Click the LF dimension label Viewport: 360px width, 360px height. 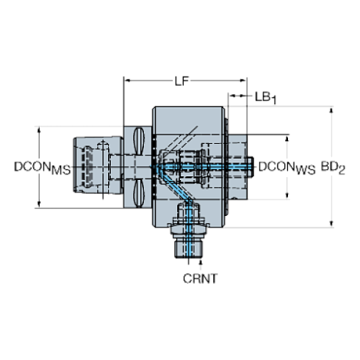tap(181, 81)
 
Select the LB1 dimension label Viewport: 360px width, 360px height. tap(266, 98)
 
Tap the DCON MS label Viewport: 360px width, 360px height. tap(43, 168)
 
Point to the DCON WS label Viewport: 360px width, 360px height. tap(287, 168)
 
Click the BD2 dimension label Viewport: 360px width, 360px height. tap(333, 168)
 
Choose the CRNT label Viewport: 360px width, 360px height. tap(200, 278)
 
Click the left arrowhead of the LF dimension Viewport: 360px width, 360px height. tap(127, 80)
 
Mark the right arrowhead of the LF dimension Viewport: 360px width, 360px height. tap(243, 80)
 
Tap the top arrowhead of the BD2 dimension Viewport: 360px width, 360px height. tap(331, 110)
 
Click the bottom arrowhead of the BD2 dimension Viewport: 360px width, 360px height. tap(331, 224)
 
